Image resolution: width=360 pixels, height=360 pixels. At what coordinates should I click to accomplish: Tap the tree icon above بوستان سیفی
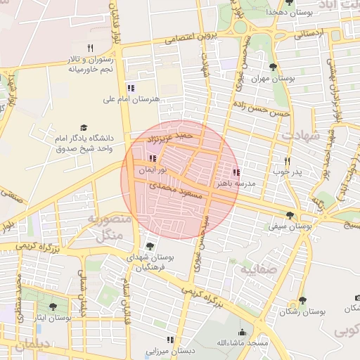coord(290,215)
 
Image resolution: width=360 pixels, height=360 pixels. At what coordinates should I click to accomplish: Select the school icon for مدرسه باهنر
coord(236,172)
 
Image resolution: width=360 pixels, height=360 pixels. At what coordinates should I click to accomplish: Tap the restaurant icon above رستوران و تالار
coord(90,48)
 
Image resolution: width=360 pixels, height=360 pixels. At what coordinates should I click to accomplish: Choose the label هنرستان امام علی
coord(129,100)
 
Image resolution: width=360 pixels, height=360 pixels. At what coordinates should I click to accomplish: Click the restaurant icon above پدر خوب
coord(287,161)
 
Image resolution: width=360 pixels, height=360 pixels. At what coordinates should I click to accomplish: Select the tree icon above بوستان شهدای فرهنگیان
coord(149,245)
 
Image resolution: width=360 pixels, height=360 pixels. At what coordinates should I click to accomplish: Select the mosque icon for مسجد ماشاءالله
coord(242,333)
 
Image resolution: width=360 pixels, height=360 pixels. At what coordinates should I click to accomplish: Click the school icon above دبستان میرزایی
coord(169,340)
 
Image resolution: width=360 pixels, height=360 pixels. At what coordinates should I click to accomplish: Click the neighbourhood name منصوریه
coord(109,219)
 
